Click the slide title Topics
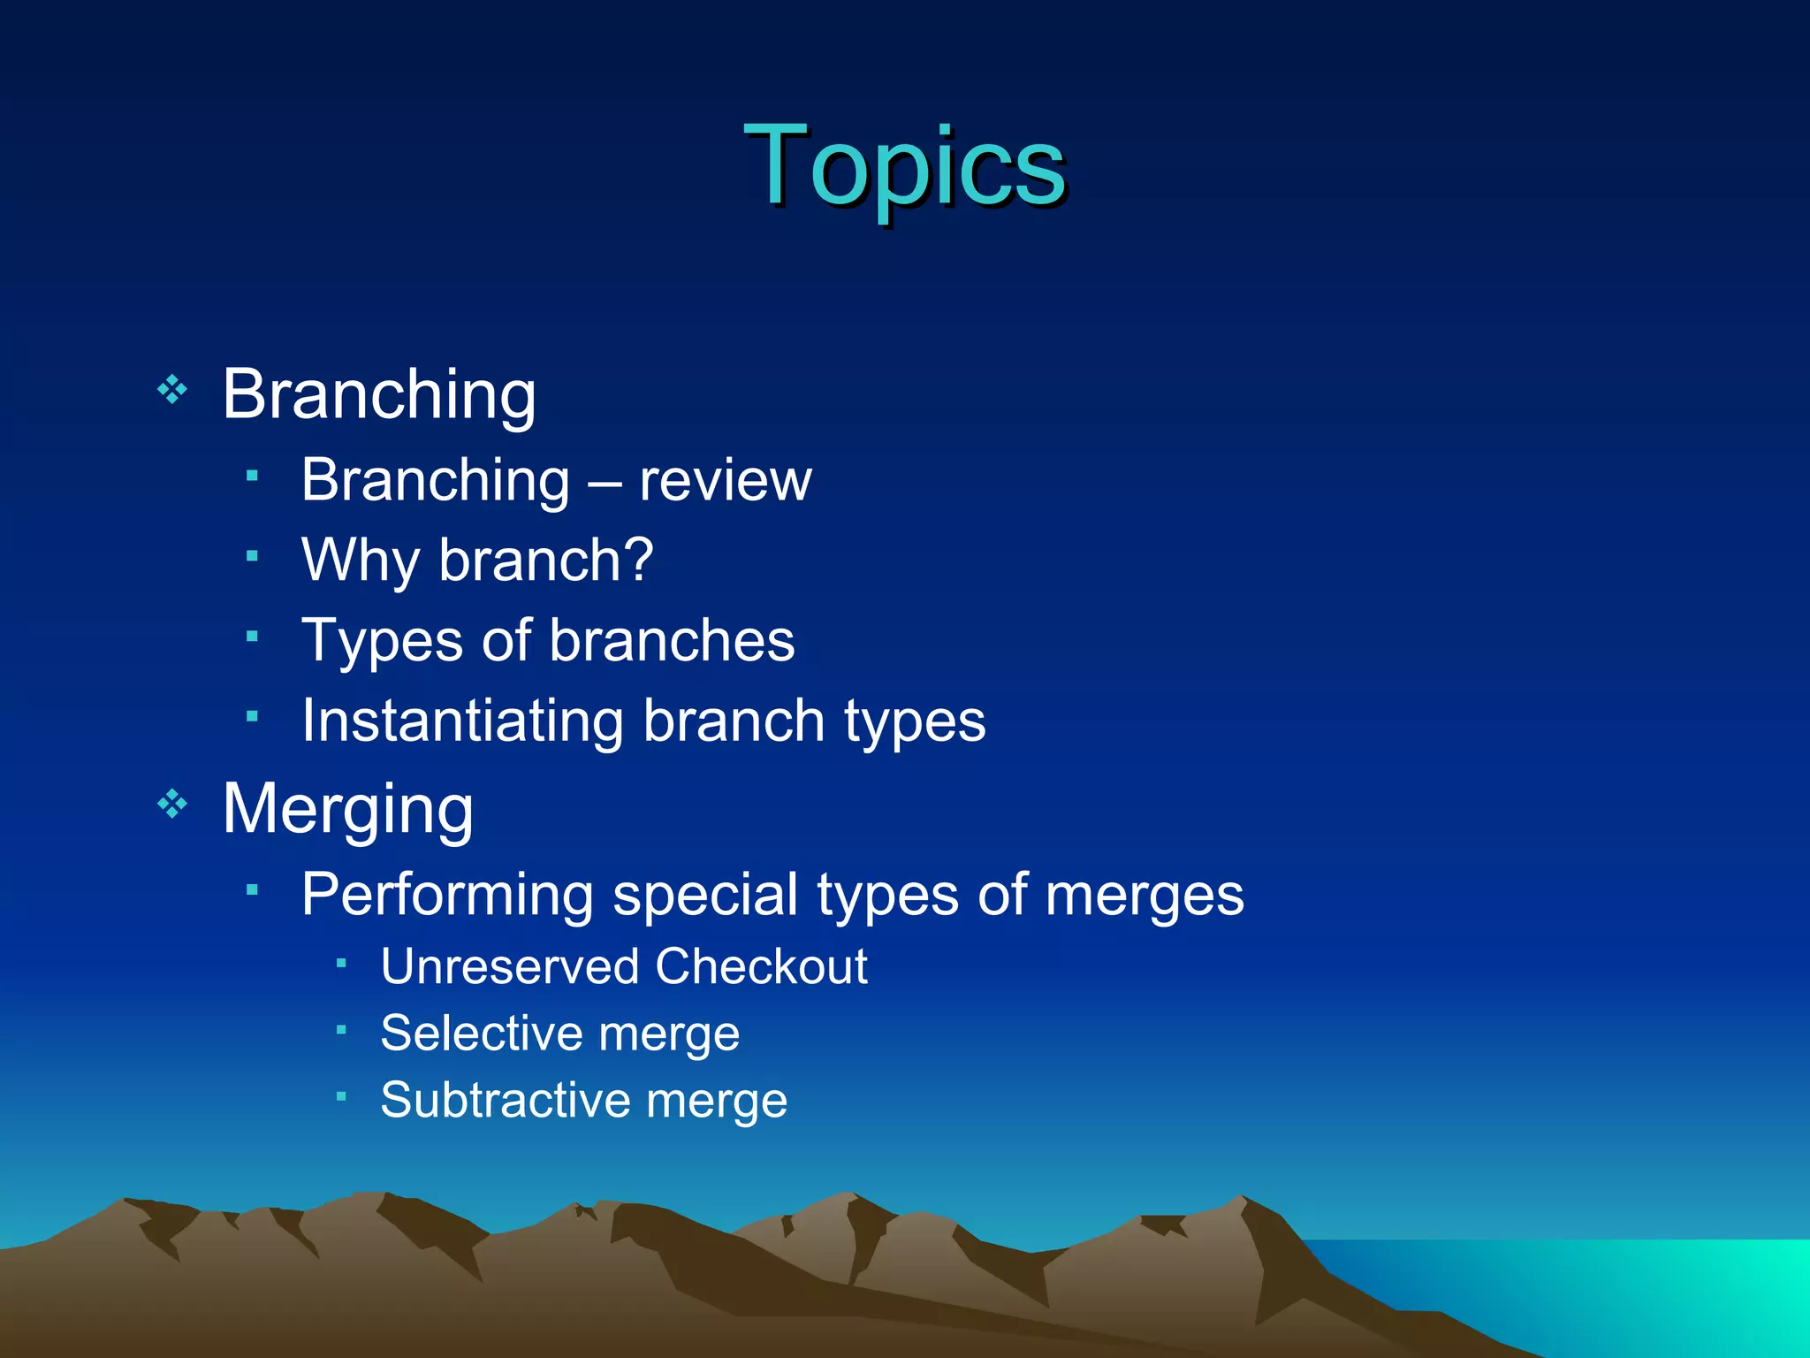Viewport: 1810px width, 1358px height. [x=904, y=166]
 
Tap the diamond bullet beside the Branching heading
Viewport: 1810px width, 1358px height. [x=172, y=389]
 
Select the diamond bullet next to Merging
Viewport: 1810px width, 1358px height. [x=172, y=804]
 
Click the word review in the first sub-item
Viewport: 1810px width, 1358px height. [x=725, y=482]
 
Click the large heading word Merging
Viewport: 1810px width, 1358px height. [x=347, y=809]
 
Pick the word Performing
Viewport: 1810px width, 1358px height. [x=447, y=895]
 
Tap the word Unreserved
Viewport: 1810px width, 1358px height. [x=508, y=966]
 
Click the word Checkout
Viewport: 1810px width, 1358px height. [x=761, y=966]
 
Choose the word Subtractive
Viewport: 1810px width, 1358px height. [x=505, y=1100]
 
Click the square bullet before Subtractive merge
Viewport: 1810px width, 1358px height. [x=341, y=1096]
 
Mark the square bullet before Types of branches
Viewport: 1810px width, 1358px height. [x=252, y=636]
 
